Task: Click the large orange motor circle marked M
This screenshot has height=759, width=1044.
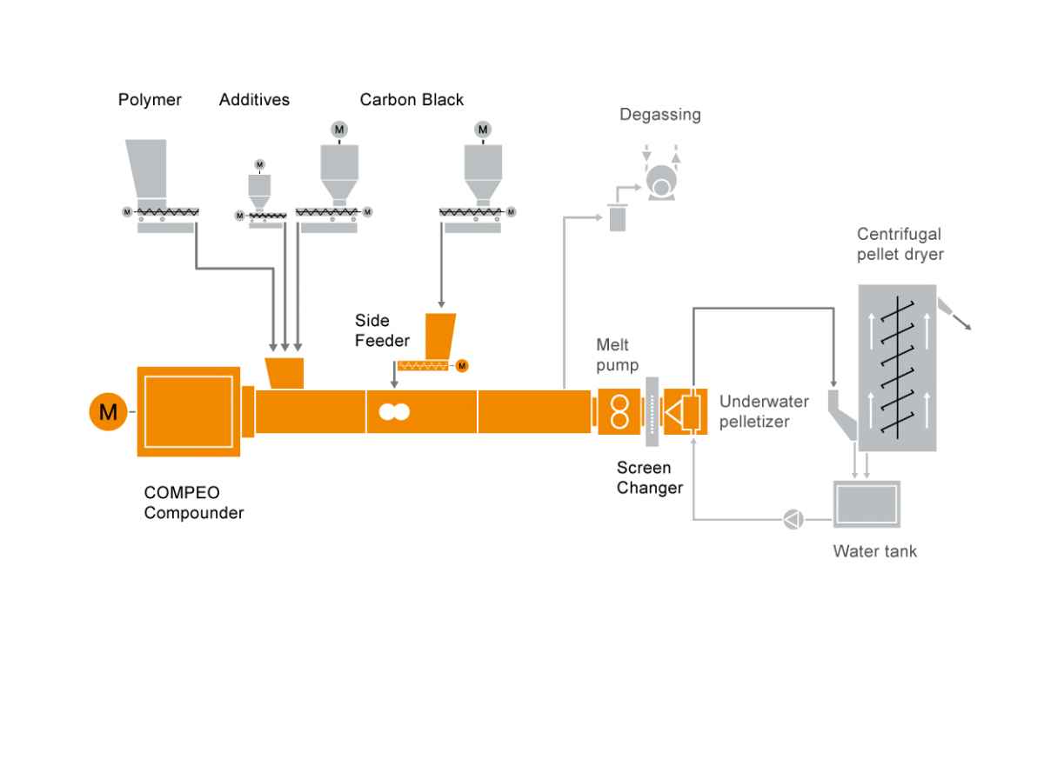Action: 108,411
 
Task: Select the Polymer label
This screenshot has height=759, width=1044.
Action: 150,100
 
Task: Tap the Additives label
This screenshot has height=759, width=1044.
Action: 254,100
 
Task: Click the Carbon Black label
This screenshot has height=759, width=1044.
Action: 412,100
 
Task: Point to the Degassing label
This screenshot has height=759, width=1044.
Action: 659,115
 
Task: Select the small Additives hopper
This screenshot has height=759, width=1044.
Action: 259,186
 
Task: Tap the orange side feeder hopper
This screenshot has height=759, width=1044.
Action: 440,333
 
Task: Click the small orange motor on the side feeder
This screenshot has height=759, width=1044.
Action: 462,365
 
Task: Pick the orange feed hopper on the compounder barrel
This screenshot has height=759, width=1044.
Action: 284,372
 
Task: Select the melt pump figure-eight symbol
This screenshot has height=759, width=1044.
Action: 619,411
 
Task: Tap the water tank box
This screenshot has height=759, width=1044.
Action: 867,503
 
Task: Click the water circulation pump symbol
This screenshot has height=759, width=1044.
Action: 793,520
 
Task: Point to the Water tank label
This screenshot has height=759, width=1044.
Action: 874,551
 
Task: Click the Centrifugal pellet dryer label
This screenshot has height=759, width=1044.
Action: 900,244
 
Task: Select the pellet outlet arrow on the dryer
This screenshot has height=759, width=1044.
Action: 960,319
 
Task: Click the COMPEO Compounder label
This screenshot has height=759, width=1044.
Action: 194,503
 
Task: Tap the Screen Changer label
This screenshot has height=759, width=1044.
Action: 650,478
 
